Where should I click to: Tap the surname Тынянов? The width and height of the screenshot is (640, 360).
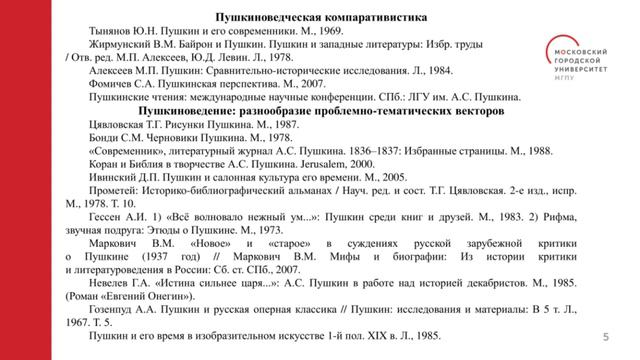pyautogui.click(x=112, y=31)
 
